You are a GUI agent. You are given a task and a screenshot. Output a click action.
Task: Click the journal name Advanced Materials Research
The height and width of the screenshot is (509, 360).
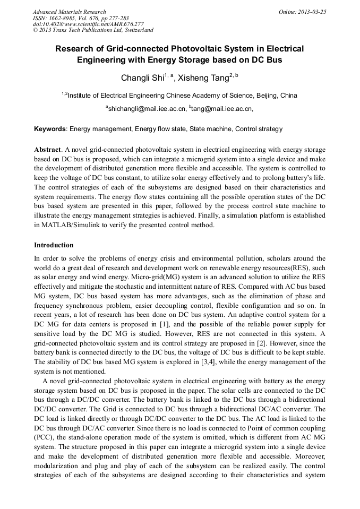tap(69, 12)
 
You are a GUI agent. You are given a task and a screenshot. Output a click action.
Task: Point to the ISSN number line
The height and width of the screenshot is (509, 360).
tap(77, 18)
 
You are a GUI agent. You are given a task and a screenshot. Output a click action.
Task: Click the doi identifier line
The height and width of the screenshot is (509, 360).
tap(88, 24)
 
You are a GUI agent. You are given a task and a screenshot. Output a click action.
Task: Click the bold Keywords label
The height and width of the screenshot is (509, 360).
tap(50, 129)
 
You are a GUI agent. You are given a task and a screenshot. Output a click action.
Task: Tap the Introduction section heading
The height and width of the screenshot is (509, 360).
tap(54, 245)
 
